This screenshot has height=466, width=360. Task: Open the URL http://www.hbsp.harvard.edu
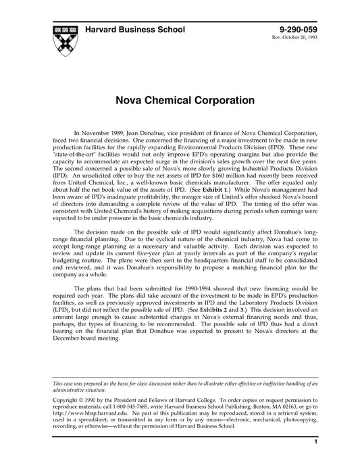pyautogui.click(x=84, y=421)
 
